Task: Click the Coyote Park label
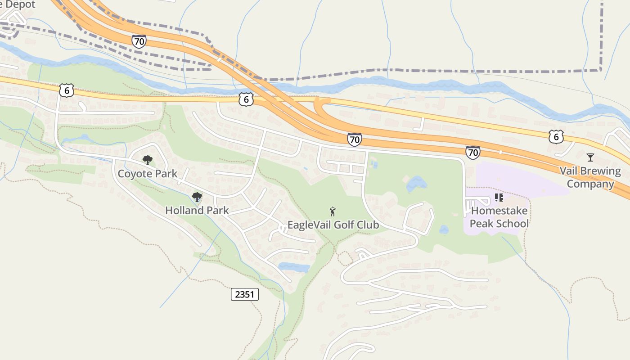pos(147,174)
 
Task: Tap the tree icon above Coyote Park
pos(147,160)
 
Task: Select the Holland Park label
pos(197,210)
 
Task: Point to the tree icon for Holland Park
pos(197,197)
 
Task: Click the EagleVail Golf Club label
pos(333,225)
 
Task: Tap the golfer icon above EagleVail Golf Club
pos(333,211)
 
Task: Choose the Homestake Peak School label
pos(499,217)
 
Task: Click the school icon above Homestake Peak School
pos(499,198)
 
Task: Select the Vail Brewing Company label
pos(590,177)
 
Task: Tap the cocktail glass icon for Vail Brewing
pos(590,157)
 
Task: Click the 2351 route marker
pos(245,295)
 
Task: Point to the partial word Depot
pos(18,4)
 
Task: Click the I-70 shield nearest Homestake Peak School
pos(472,153)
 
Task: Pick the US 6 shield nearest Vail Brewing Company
pos(556,136)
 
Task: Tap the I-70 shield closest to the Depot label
pos(139,41)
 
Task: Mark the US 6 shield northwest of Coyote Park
pos(66,90)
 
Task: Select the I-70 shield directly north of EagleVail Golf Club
pos(354,139)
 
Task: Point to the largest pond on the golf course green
pos(416,184)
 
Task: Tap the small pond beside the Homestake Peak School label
pos(444,229)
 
